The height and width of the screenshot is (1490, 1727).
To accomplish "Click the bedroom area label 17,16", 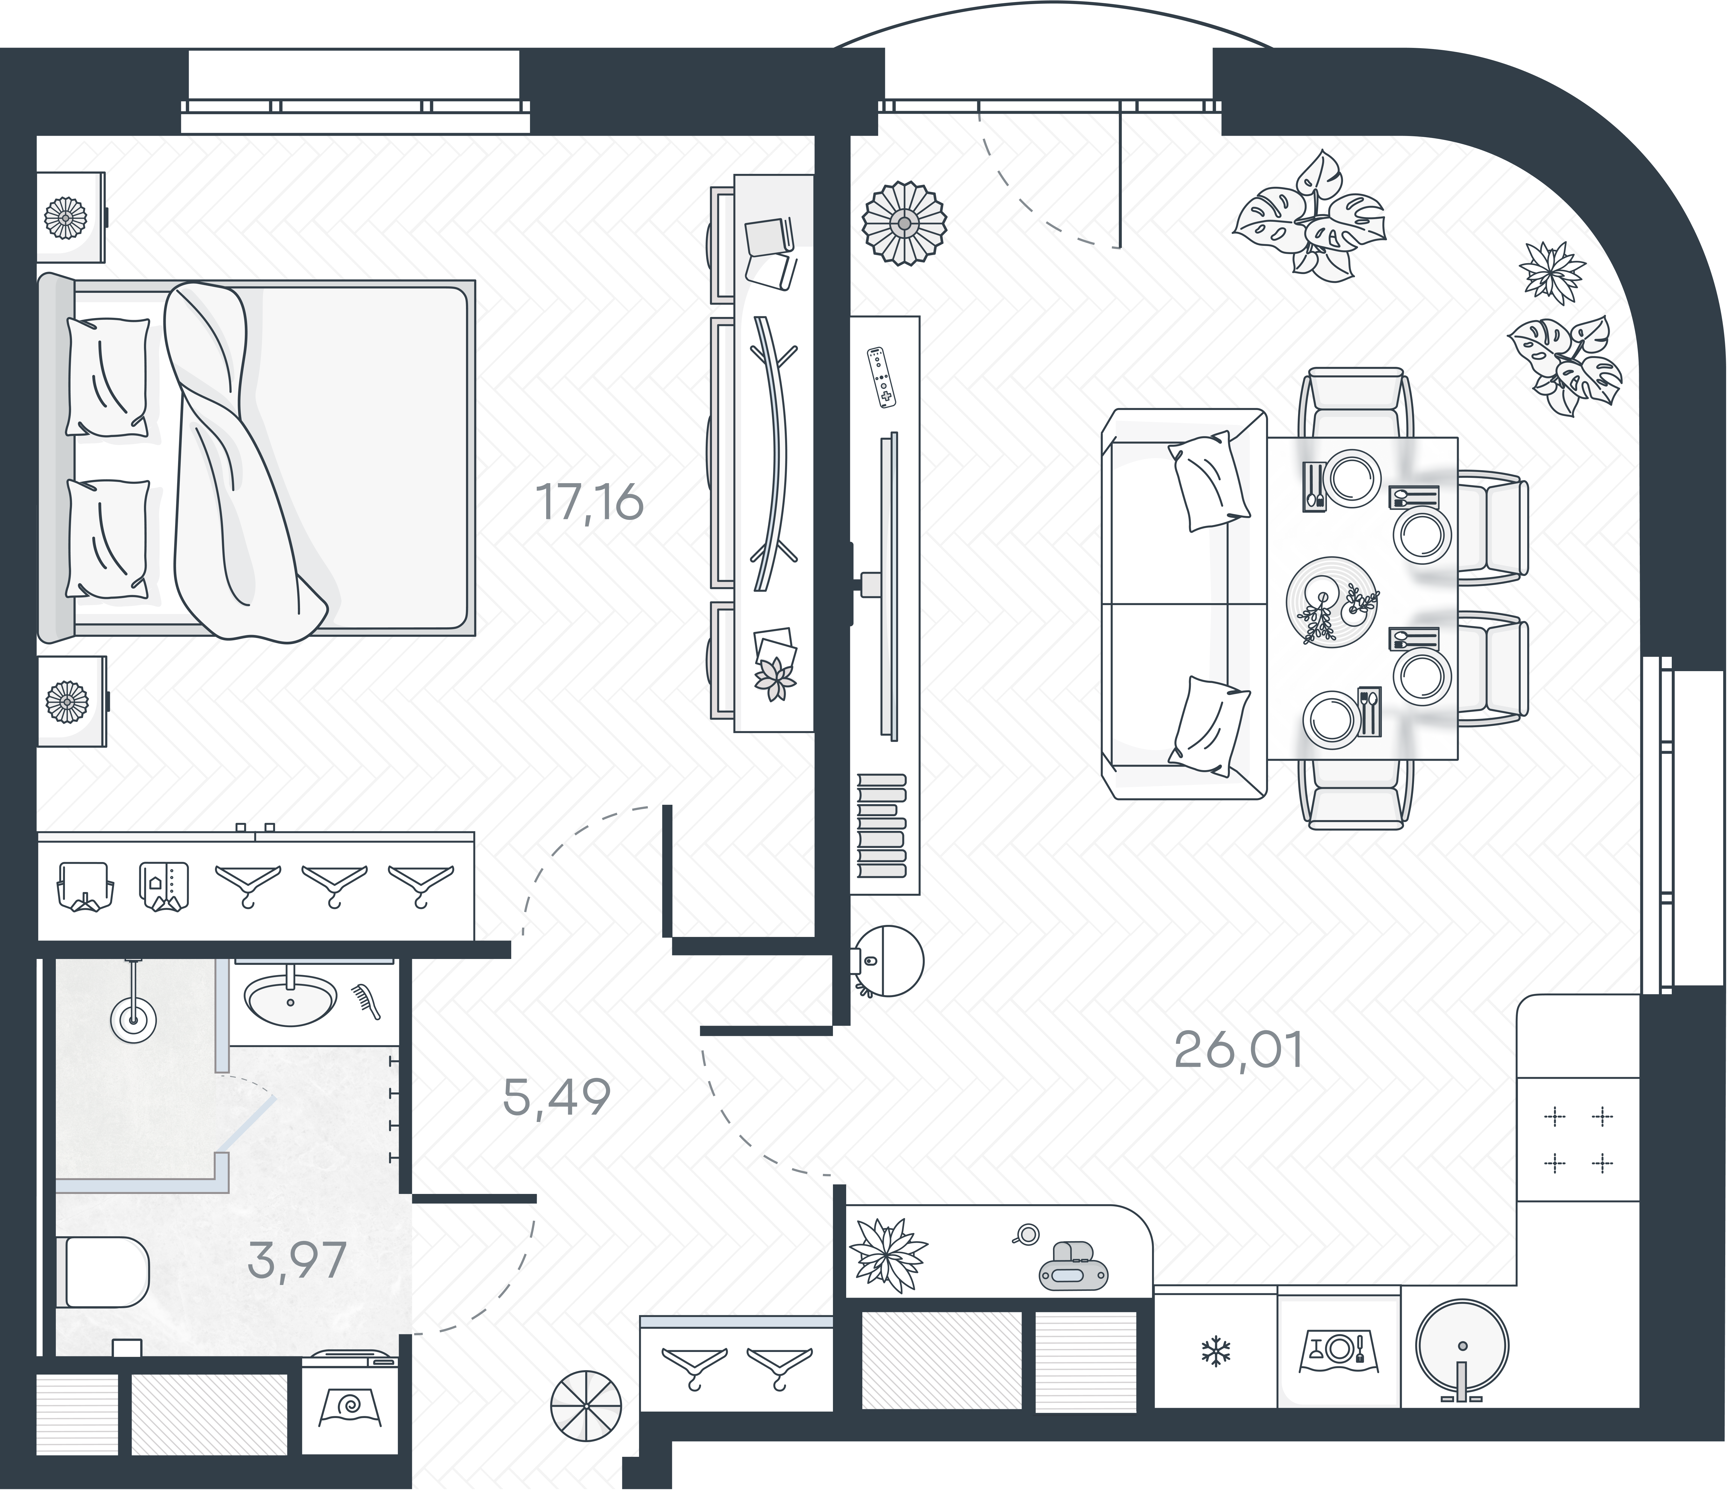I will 590,503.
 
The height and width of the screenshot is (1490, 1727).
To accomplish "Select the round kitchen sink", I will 1462,1346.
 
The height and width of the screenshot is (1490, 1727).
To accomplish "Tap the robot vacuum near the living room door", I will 888,961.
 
